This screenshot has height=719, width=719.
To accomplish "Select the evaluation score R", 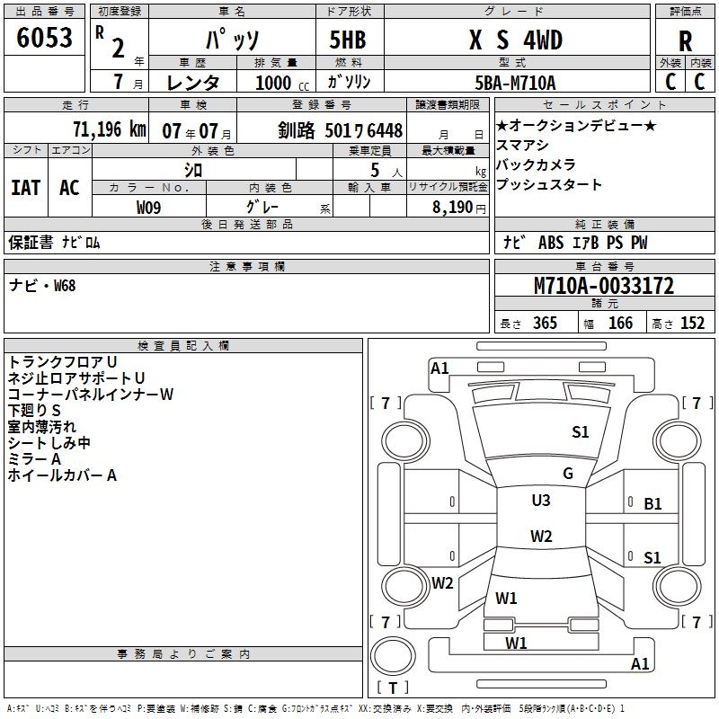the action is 685,40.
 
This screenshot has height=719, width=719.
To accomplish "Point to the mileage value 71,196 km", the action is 109,129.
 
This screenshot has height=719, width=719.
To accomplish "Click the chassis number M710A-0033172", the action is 604,286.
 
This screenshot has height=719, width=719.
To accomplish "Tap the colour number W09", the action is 149,207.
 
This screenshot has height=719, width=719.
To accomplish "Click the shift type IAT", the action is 25,187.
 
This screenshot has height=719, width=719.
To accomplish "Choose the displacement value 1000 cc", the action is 274,83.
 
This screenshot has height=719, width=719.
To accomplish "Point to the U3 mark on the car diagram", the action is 541,501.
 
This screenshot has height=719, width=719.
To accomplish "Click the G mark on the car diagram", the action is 568,474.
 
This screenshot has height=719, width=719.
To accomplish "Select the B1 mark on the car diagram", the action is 652,504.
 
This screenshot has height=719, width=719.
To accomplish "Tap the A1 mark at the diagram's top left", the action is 439,368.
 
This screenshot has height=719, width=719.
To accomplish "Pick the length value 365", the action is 544,324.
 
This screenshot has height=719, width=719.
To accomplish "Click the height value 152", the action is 692,324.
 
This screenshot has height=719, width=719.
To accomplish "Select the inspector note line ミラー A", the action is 34,459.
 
